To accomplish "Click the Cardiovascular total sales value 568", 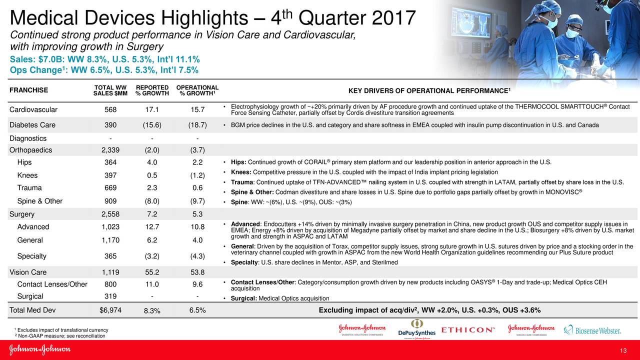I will point(110,110).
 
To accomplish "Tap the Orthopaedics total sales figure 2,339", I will point(110,149).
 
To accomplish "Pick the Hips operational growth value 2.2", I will point(197,162).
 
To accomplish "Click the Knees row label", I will point(27,175).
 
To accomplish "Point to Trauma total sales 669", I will point(110,188).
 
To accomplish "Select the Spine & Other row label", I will point(39,201).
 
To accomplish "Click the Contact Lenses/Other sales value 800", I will point(110,284).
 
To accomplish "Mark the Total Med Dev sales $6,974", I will point(110,310).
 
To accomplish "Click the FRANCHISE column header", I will point(29,90).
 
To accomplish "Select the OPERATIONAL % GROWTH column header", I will point(197,90).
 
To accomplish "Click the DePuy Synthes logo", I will point(416,329).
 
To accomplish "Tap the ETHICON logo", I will point(468,330).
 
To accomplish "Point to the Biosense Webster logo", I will point(592,330).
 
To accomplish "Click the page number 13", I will point(623,350).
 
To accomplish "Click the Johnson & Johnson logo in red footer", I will point(39,350).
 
